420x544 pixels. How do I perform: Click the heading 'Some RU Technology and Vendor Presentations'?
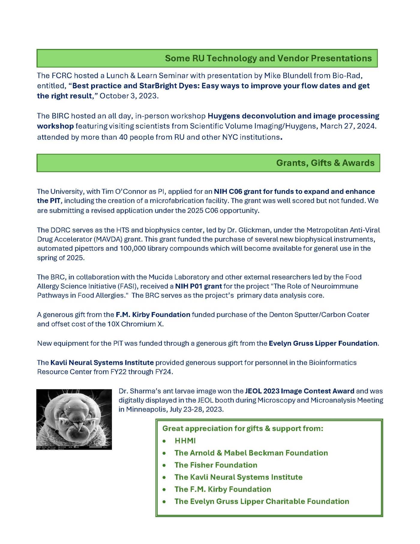(268, 58)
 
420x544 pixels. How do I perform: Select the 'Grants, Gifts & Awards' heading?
(325, 163)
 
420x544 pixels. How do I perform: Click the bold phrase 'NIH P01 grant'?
(198, 286)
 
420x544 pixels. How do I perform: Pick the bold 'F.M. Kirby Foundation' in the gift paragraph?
(153, 315)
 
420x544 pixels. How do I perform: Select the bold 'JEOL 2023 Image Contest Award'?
(299, 391)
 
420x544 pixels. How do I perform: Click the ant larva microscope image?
(74, 419)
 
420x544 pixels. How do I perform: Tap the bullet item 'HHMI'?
(185, 441)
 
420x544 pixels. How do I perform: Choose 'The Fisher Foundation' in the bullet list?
(216, 465)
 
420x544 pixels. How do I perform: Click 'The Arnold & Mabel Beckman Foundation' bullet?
(251, 453)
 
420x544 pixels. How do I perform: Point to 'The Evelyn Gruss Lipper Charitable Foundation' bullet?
(262, 501)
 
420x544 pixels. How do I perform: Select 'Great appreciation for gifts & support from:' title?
(243, 428)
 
